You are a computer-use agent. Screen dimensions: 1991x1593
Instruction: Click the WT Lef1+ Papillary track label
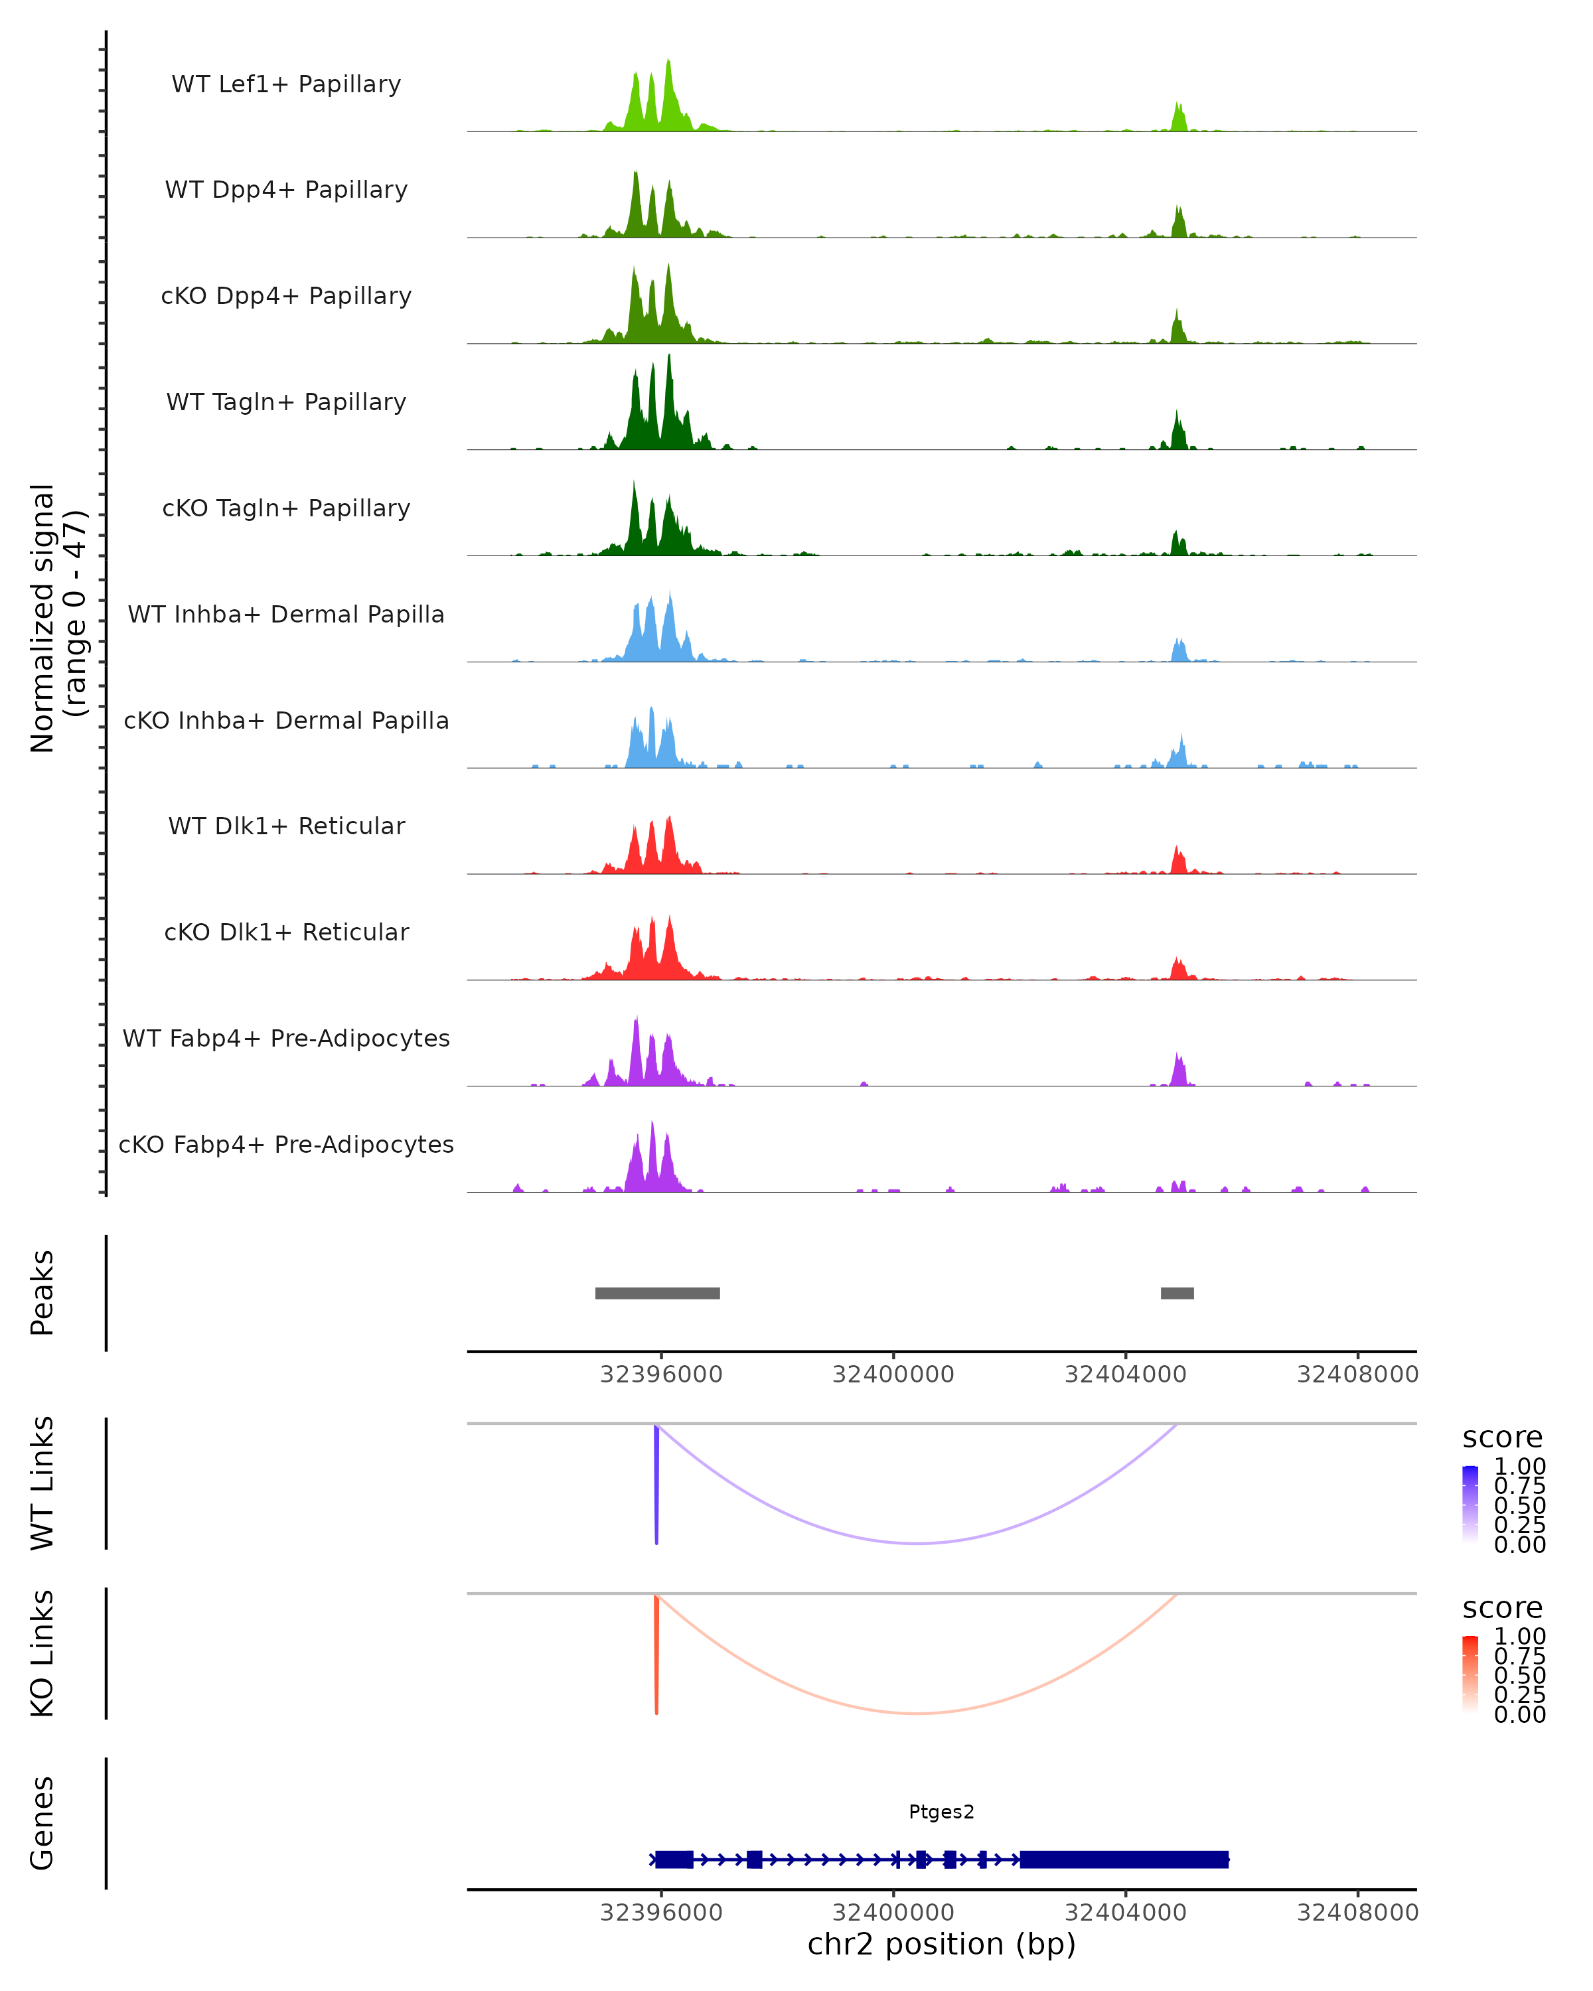point(286,84)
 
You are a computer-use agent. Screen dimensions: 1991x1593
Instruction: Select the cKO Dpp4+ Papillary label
point(286,297)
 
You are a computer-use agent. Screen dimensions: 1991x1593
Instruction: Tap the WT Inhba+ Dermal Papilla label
point(286,615)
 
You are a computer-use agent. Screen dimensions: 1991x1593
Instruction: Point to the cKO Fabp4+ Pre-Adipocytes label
point(286,1145)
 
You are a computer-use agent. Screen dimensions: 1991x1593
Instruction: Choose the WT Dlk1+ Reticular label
point(286,826)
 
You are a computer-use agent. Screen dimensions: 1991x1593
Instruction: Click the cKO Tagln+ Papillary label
point(286,509)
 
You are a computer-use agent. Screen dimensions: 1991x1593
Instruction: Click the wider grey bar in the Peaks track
point(658,1293)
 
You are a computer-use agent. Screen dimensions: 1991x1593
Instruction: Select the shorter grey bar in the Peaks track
point(1177,1293)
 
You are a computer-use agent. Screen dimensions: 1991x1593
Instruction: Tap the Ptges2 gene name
point(941,1812)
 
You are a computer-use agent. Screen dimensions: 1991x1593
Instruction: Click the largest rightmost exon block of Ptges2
point(1124,1859)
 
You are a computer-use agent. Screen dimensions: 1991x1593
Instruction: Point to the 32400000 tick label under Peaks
point(893,1375)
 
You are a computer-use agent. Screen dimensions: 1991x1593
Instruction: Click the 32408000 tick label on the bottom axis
point(1357,1913)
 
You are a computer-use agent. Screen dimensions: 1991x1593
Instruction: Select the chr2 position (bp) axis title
point(941,1945)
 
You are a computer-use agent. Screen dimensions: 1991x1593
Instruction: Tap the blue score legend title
point(1501,1438)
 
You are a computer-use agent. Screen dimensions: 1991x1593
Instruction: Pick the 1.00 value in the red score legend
point(1519,1637)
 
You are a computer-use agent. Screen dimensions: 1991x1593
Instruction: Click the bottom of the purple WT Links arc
point(917,1543)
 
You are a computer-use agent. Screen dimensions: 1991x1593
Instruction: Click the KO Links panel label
point(42,1654)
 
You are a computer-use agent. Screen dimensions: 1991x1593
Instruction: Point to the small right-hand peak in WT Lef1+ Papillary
point(1178,118)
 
